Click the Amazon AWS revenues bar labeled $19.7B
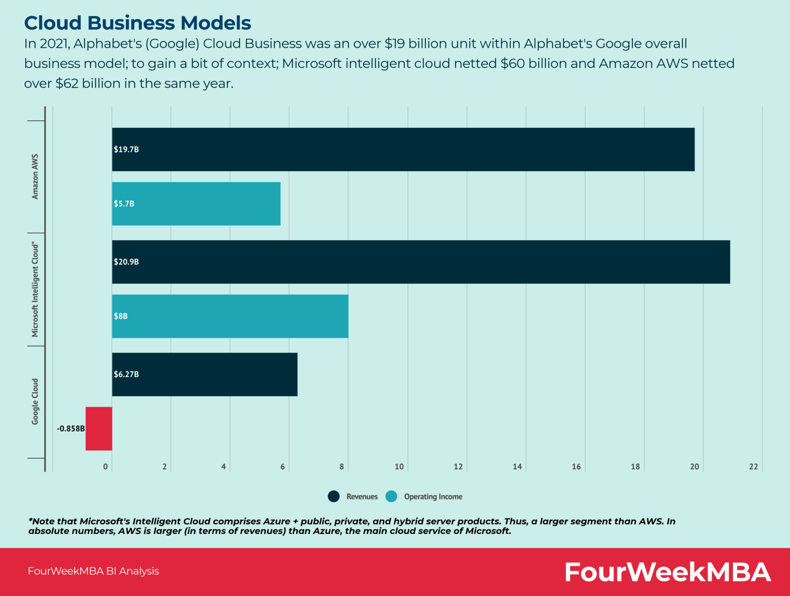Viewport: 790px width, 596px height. [x=403, y=149]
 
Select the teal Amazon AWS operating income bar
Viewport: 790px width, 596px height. [x=196, y=204]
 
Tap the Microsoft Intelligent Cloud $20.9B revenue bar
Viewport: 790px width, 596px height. [x=420, y=262]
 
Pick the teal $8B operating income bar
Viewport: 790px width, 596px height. [x=230, y=316]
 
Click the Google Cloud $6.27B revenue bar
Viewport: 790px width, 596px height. [x=204, y=374]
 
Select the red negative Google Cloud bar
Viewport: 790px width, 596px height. [x=99, y=429]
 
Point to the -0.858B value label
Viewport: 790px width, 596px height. [x=71, y=429]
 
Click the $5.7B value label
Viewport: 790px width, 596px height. [x=124, y=204]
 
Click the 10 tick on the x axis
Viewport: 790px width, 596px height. [x=399, y=467]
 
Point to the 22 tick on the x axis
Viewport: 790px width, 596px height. [x=753, y=467]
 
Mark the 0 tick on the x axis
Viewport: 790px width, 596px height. [x=105, y=467]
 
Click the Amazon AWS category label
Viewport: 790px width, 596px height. [x=35, y=177]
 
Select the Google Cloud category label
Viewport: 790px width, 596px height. [x=35, y=402]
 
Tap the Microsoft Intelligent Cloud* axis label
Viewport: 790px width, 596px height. [x=35, y=289]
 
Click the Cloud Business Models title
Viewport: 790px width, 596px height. [x=137, y=23]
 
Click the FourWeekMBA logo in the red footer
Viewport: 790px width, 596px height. [x=667, y=572]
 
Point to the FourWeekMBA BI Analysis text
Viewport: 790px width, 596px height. [x=93, y=571]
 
